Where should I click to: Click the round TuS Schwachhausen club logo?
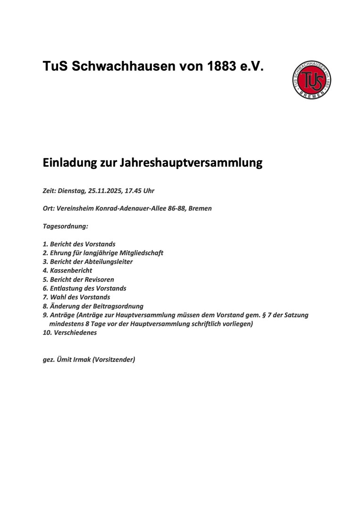[311, 79]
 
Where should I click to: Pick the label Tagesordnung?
[66, 226]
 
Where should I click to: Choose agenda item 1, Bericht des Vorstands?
[79, 244]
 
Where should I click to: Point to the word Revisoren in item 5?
[100, 280]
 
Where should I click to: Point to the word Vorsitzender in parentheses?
[114, 359]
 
